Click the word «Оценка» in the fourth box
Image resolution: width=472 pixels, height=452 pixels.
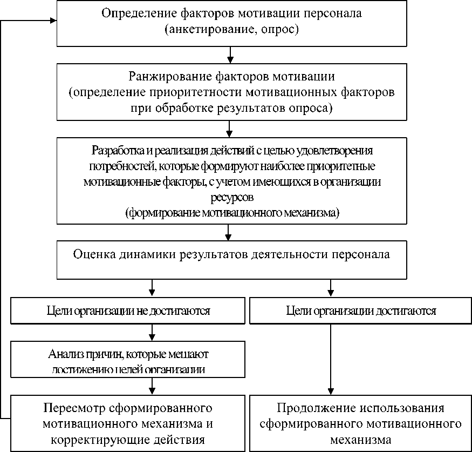click(x=91, y=254)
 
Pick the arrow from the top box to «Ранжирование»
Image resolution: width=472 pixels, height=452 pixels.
click(x=230, y=55)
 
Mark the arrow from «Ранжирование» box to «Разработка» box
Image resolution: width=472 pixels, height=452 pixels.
click(x=230, y=129)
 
